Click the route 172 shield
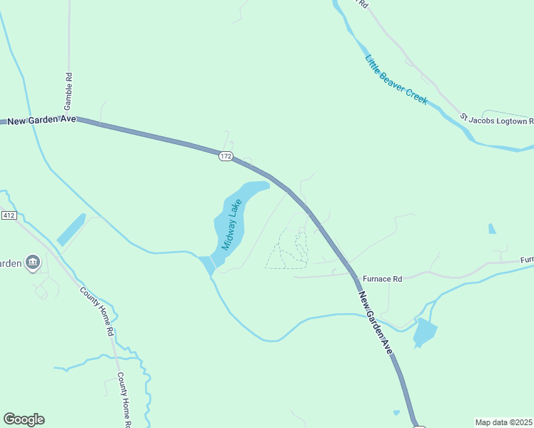[x=226, y=156]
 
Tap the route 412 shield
[x=9, y=215]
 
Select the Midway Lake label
[x=232, y=224]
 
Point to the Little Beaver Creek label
[x=396, y=80]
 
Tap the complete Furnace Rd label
[x=383, y=279]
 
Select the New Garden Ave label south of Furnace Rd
[x=376, y=323]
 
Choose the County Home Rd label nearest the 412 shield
[x=97, y=312]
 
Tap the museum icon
[x=32, y=264]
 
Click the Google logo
[x=24, y=419]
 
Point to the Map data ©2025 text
[x=503, y=422]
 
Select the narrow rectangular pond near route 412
[x=71, y=230]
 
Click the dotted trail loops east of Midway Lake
[x=288, y=249]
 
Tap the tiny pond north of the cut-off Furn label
[x=491, y=229]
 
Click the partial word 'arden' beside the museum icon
[x=10, y=263]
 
